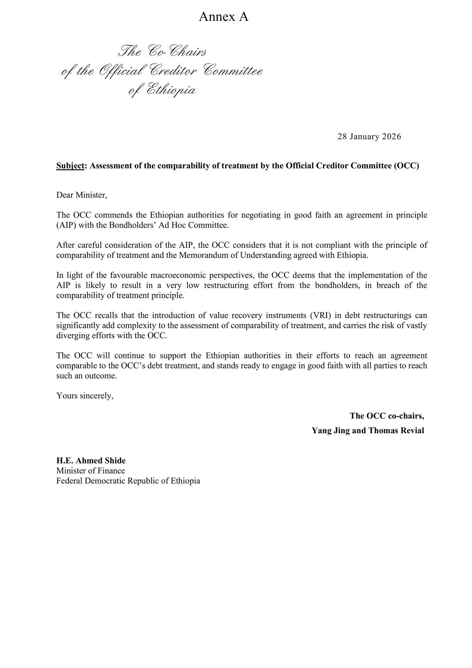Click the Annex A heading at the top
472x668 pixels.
[x=224, y=17]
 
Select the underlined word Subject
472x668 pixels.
[x=70, y=166]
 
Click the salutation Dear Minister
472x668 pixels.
[x=81, y=195]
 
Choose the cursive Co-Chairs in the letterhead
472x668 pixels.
[x=177, y=52]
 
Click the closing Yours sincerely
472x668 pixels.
[x=85, y=396]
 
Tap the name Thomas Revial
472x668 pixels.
[x=396, y=431]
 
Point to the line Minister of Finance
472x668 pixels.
[x=91, y=471]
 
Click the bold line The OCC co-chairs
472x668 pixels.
[x=387, y=416]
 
